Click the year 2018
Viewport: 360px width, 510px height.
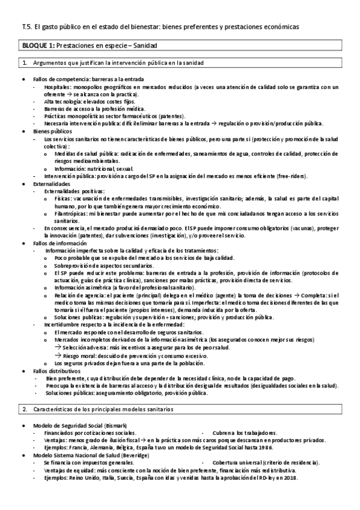coord(289,478)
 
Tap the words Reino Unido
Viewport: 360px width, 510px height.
coord(84,478)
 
